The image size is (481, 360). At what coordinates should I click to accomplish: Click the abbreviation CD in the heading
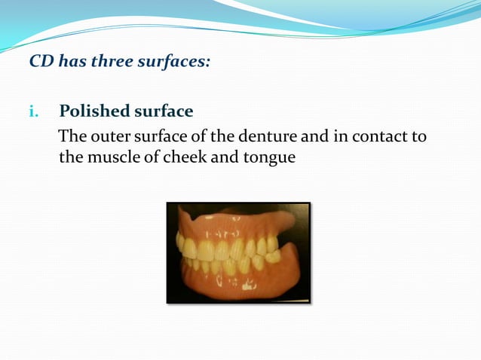[x=41, y=62]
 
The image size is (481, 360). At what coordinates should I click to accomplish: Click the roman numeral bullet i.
[x=33, y=111]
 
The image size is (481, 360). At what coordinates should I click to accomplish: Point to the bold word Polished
[x=93, y=111]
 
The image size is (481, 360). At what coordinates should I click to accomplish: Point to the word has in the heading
[x=72, y=62]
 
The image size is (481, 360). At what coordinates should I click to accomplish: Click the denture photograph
[x=238, y=253]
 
